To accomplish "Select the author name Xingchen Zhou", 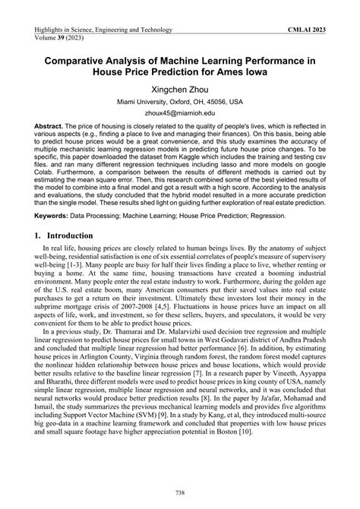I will (180, 89).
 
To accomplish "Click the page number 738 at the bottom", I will (180, 492).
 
